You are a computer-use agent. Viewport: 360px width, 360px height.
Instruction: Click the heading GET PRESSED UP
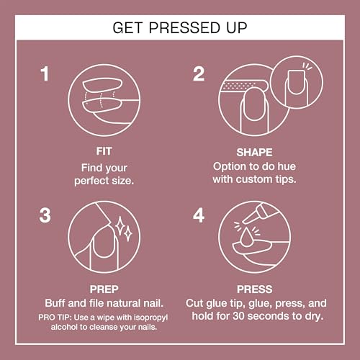(x=179, y=29)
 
